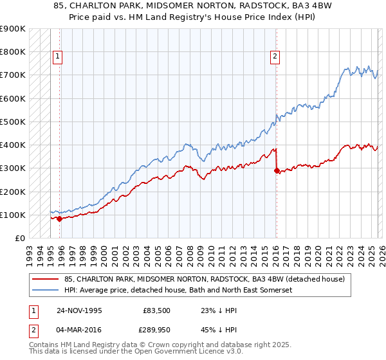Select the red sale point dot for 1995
[60, 219]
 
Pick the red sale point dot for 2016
[277, 170]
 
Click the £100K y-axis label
[13, 215]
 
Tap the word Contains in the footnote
[46, 346]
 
